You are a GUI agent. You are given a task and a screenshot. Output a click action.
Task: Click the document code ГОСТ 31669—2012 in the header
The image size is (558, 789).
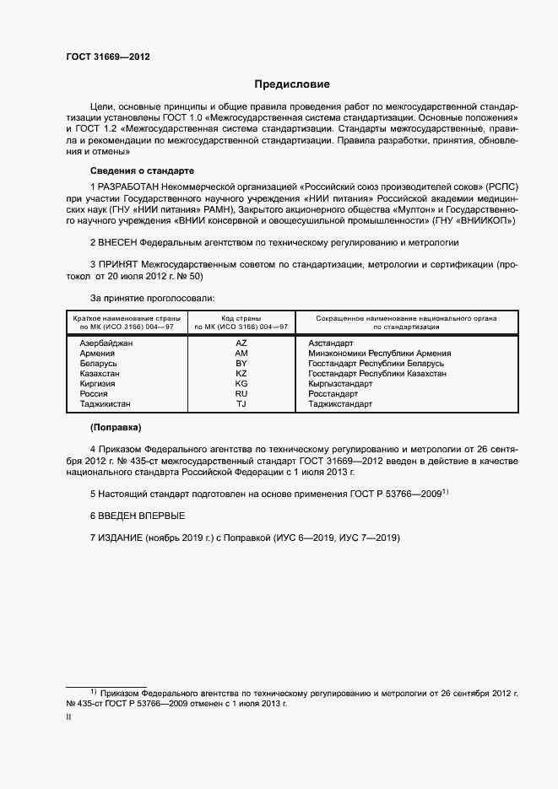pos(108,57)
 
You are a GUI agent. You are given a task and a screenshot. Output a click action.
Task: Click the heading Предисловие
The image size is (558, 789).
pos(292,84)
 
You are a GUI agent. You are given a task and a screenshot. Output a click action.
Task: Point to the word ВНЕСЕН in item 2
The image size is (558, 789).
pos(122,242)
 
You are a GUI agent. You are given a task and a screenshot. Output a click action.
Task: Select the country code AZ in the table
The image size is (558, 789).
pos(241,343)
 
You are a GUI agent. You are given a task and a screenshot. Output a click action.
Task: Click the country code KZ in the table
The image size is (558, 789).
pos(241,373)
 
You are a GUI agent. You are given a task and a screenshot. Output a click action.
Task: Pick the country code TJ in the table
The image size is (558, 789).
pos(241,403)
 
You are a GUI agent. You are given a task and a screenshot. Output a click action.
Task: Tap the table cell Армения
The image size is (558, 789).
pos(97,353)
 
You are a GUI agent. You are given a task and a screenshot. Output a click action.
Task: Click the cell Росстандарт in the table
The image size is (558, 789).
pos(333,393)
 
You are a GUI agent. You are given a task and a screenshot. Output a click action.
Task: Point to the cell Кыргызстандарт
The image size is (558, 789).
pos(340,383)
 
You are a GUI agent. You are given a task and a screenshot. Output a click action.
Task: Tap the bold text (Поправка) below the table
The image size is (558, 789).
pos(116,427)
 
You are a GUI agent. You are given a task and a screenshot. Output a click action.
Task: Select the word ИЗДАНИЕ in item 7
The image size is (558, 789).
pos(121,538)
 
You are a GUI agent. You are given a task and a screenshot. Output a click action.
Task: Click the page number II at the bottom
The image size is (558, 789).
pos(68,716)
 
